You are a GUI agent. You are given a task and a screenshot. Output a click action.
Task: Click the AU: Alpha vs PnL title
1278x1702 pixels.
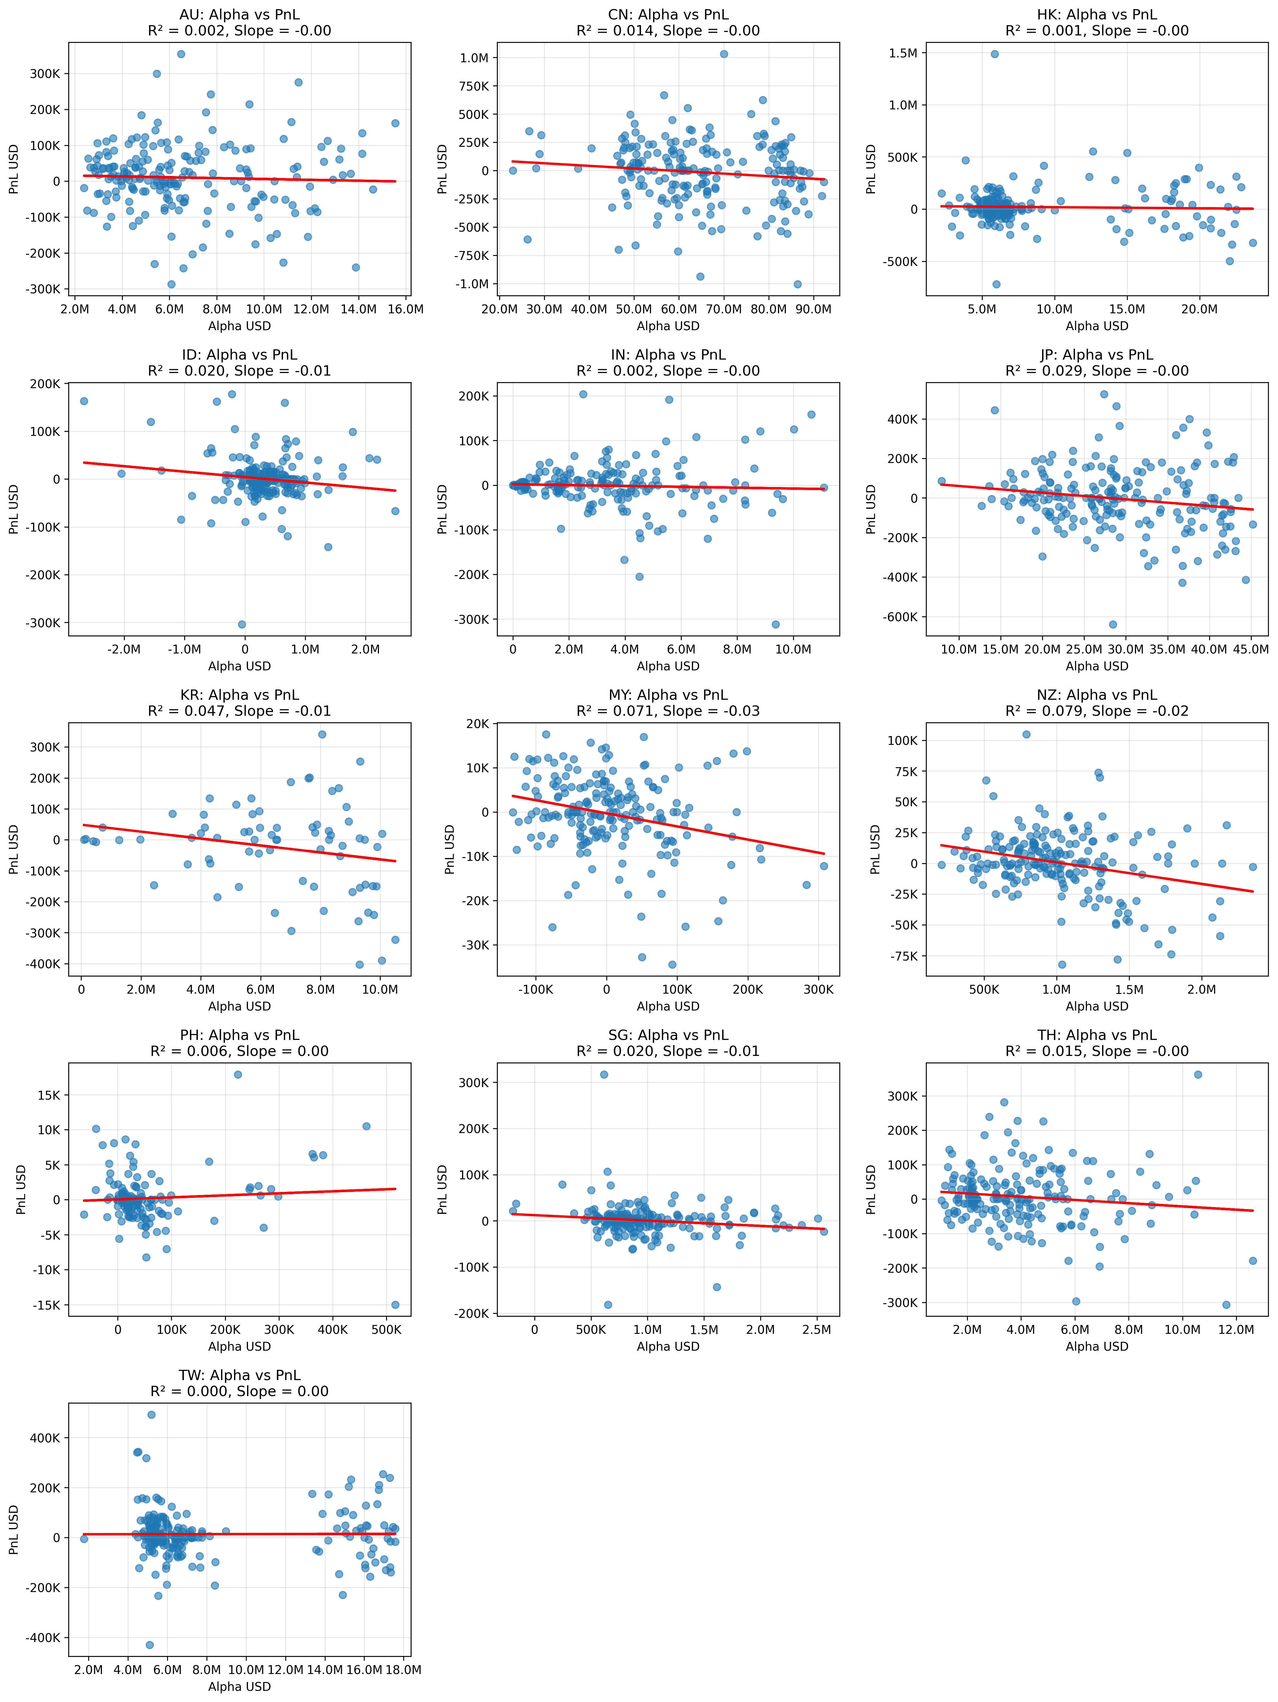pos(239,15)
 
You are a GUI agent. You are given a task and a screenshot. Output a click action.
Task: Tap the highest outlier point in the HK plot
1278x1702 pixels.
pos(994,54)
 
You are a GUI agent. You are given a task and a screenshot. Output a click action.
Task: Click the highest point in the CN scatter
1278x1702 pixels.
pos(723,54)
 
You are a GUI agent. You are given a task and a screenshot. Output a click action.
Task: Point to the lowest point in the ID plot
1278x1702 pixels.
pos(242,624)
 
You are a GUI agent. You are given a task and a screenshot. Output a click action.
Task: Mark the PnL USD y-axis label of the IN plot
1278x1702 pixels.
pos(442,509)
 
